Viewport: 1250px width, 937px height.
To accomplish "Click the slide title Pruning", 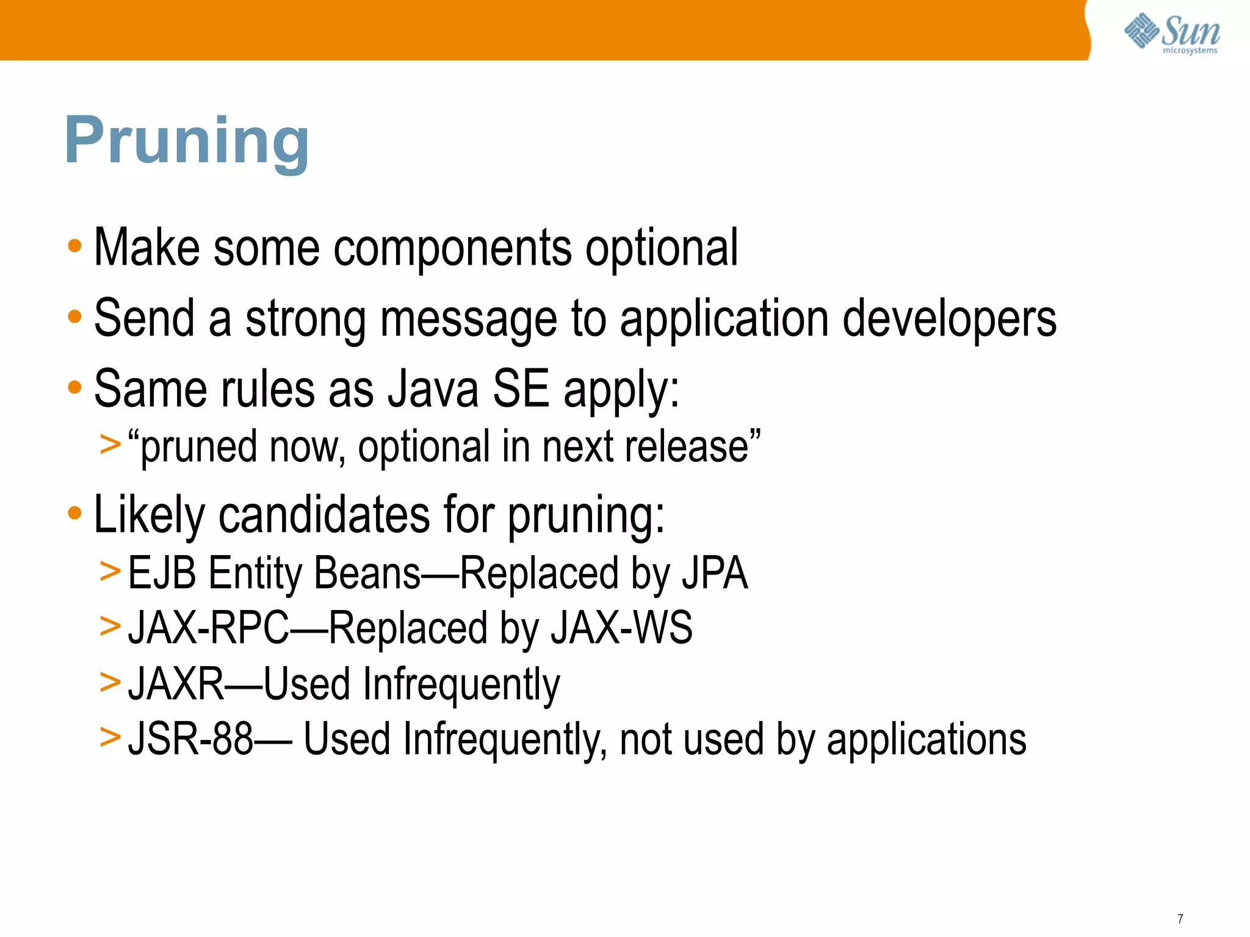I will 186,142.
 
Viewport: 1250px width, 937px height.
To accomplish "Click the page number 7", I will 1180,919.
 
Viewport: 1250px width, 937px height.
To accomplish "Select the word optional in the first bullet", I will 662,248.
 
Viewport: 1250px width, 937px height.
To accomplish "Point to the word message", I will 468,319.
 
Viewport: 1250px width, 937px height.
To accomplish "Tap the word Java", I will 433,390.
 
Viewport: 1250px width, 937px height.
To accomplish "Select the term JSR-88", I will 190,739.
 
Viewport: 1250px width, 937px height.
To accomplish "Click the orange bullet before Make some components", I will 74,247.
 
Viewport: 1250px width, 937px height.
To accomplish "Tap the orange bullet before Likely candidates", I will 74,514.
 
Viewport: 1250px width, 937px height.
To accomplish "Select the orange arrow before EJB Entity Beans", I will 110,572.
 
